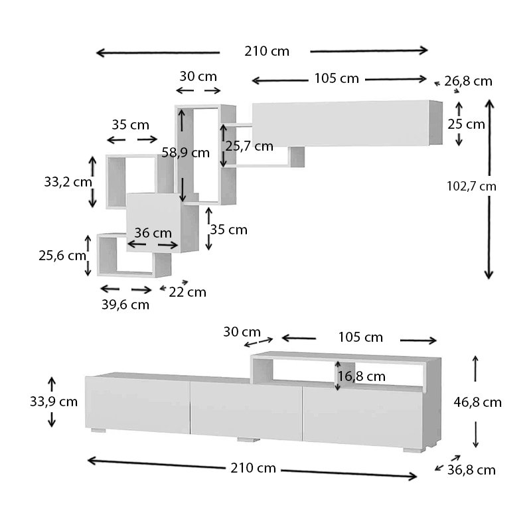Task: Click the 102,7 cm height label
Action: pos(471,187)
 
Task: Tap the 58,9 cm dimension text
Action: pos(185,153)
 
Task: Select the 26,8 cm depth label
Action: pos(468,82)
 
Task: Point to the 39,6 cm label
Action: pos(125,305)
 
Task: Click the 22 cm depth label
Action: pos(187,292)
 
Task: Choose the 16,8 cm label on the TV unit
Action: pos(362,376)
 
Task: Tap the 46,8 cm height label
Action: pos(477,402)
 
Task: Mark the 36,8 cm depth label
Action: pos(471,470)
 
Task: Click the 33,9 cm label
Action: pos(54,402)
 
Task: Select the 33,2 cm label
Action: pos(68,181)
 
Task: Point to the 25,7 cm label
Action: pos(249,146)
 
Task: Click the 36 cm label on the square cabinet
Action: pos(153,233)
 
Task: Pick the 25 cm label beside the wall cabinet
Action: pos(466,124)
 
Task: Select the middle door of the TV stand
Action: pos(246,410)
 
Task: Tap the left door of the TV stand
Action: pos(137,404)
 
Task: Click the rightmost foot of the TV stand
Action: pos(413,449)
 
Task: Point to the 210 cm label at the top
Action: pos(267,52)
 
